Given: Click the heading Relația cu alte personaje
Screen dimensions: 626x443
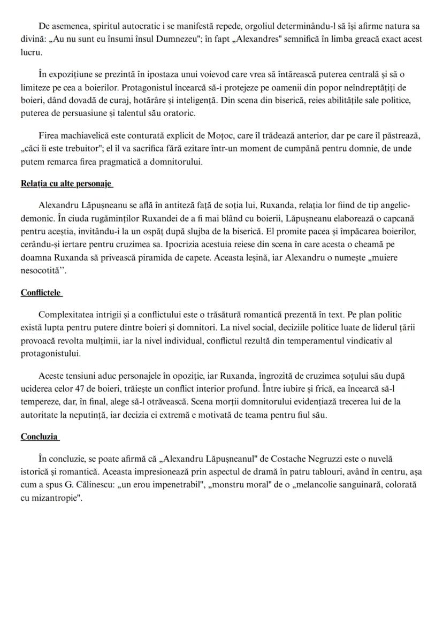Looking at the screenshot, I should point(66,184).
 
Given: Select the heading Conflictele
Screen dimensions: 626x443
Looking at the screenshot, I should point(41,293).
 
